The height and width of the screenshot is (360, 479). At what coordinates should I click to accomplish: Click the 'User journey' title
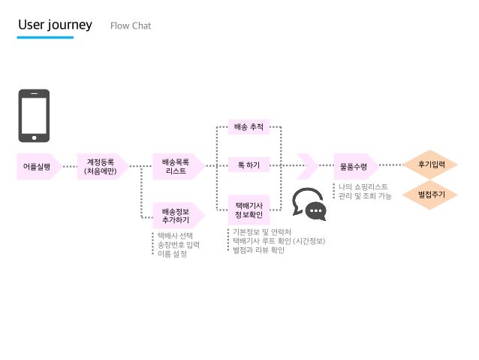pyautogui.click(x=55, y=25)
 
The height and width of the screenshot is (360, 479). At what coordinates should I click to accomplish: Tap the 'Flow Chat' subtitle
pyautogui.click(x=131, y=26)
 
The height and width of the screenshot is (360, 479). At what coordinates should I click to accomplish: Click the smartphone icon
pyautogui.click(x=34, y=116)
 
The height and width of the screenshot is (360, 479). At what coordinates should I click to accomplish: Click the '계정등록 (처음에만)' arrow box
pyautogui.click(x=101, y=166)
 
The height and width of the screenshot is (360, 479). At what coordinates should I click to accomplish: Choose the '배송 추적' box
pyautogui.click(x=249, y=127)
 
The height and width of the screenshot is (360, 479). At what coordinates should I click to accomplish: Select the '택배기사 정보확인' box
pyautogui.click(x=249, y=210)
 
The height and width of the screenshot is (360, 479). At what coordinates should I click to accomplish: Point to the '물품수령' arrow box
pyautogui.click(x=354, y=166)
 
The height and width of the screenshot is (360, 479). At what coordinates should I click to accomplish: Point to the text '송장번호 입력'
pyautogui.click(x=178, y=245)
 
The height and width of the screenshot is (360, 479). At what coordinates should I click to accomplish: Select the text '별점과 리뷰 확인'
pyautogui.click(x=259, y=250)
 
